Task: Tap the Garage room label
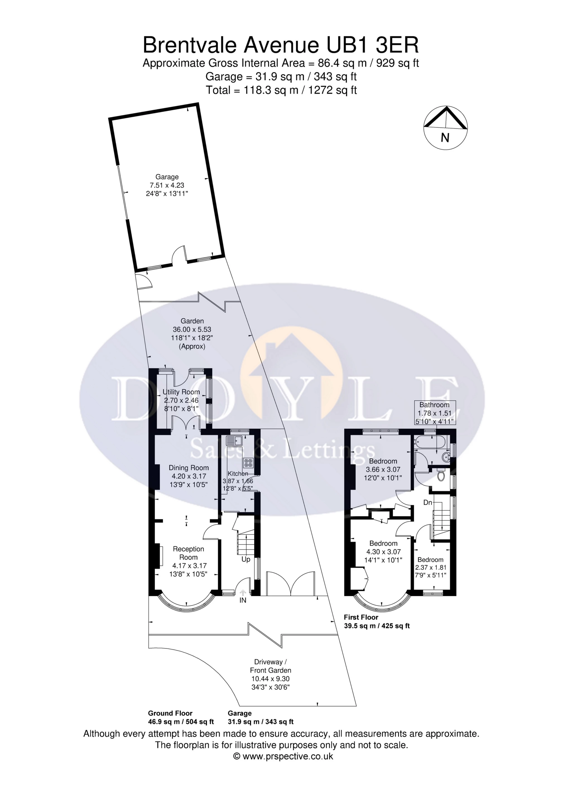click(x=167, y=177)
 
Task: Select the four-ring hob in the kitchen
click(x=249, y=463)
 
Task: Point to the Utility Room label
click(x=181, y=392)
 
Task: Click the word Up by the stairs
click(x=246, y=560)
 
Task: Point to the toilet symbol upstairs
click(x=441, y=475)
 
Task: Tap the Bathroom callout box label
click(x=434, y=405)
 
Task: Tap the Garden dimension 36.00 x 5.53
click(x=192, y=329)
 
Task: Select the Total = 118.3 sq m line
click(x=282, y=90)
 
